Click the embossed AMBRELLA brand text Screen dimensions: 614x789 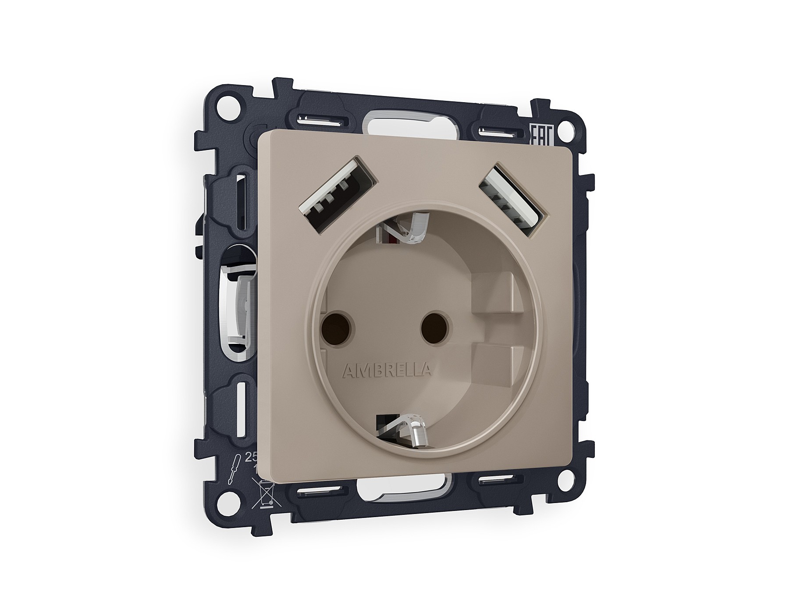[386, 371]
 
